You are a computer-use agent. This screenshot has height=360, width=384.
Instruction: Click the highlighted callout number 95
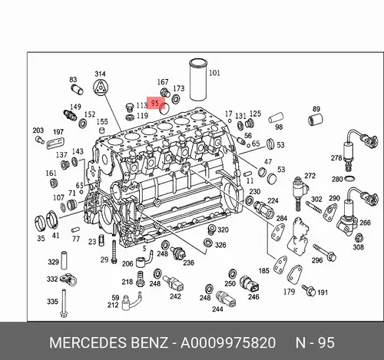(x=155, y=103)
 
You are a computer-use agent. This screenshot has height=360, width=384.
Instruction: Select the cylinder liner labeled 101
(x=198, y=80)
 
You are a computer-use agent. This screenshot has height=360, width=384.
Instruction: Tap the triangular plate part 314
(x=100, y=88)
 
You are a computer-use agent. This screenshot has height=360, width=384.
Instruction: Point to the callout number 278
(x=336, y=158)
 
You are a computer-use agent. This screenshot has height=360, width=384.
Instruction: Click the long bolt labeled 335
(x=64, y=303)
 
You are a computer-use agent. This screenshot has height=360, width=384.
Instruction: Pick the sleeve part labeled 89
(x=315, y=120)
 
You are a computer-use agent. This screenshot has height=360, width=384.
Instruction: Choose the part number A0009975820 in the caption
(x=228, y=343)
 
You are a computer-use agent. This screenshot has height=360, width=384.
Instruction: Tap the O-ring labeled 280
(x=349, y=178)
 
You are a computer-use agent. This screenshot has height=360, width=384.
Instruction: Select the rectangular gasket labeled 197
(x=55, y=143)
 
